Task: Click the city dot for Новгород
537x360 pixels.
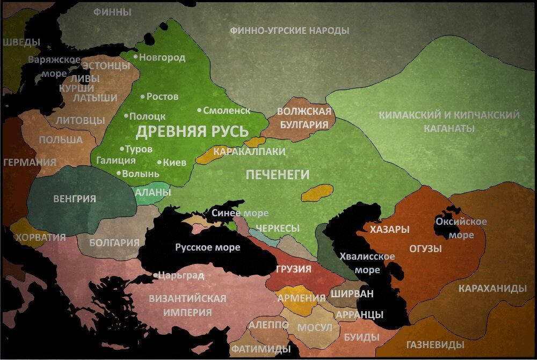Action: click(x=135, y=57)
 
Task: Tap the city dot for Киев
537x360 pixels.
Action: click(x=159, y=162)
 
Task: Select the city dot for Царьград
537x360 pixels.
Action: click(x=155, y=276)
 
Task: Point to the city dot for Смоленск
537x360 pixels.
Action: click(x=199, y=110)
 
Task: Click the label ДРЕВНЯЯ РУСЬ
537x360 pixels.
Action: click(x=192, y=131)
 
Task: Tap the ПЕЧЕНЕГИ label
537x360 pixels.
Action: click(x=278, y=174)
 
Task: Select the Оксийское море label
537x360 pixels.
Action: click(x=461, y=228)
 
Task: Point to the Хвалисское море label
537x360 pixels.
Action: click(x=367, y=263)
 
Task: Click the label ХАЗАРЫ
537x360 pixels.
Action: click(x=389, y=230)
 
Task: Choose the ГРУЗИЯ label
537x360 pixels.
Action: click(x=294, y=269)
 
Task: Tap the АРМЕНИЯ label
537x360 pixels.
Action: click(x=301, y=298)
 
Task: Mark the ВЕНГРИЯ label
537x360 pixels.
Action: click(x=75, y=199)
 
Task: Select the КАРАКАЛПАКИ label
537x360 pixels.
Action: click(x=249, y=152)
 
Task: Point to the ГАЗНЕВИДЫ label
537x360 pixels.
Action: click(x=435, y=344)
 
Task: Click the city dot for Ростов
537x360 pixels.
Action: click(x=142, y=97)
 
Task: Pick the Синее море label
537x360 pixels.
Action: click(x=240, y=213)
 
